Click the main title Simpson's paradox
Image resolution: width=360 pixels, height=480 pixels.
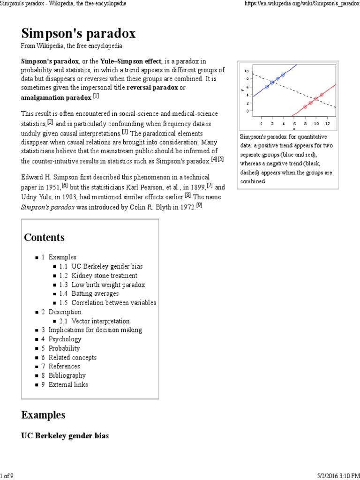[x=78, y=34]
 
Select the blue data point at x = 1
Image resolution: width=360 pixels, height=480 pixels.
[x=267, y=87]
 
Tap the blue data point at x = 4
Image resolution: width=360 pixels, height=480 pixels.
[x=283, y=75]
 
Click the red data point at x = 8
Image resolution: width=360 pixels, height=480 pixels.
[x=305, y=106]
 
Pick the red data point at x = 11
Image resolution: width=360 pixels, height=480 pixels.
[x=322, y=95]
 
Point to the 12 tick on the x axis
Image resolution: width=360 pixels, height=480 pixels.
[x=327, y=123]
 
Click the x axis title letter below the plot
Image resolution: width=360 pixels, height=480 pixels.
[x=294, y=128]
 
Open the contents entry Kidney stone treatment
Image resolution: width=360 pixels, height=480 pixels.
[x=104, y=276]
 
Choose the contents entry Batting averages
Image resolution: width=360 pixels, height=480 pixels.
[x=95, y=294]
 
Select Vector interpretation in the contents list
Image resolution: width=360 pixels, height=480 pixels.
[x=100, y=321]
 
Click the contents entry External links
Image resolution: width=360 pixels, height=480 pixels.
[x=68, y=385]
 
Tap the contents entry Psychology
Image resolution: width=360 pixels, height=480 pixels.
[x=65, y=339]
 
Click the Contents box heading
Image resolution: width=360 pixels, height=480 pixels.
[x=44, y=237]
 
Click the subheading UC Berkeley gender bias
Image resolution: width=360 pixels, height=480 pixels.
[x=65, y=436]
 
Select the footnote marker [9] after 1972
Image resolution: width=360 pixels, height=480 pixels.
[x=199, y=205]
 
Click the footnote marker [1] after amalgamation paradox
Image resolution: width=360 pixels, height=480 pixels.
[x=96, y=96]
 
